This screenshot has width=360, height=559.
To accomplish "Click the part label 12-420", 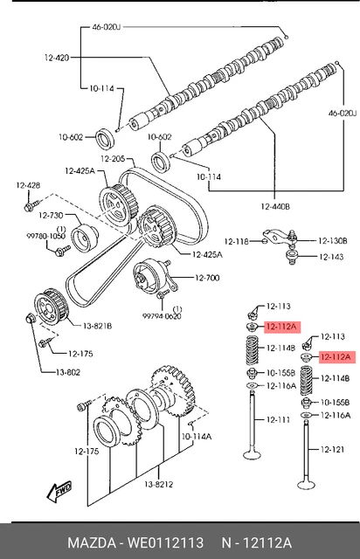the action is (x=57, y=58).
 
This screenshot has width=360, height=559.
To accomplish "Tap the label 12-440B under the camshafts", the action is (x=275, y=206).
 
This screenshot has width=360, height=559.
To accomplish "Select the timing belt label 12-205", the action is (x=113, y=159).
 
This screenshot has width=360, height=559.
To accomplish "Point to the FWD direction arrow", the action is (x=59, y=492).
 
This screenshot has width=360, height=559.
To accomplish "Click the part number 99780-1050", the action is (x=45, y=236).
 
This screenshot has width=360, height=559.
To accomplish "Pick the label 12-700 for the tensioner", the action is (x=207, y=278).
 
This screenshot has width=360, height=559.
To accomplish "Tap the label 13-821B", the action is (x=97, y=326).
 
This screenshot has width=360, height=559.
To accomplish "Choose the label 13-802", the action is (x=68, y=372).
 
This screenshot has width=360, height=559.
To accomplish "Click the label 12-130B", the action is (x=333, y=241).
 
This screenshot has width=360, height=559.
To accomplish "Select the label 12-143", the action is (x=331, y=257).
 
